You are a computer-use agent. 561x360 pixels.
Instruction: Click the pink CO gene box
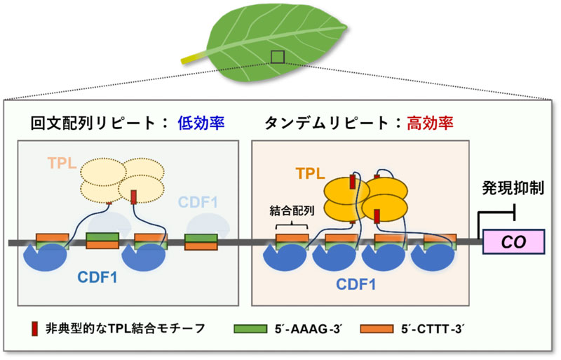tap(518, 244)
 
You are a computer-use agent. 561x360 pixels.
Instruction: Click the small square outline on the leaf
tap(278, 56)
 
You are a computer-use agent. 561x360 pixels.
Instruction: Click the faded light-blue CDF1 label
tap(198, 204)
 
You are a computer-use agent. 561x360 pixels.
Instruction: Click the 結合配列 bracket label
tap(290, 211)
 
